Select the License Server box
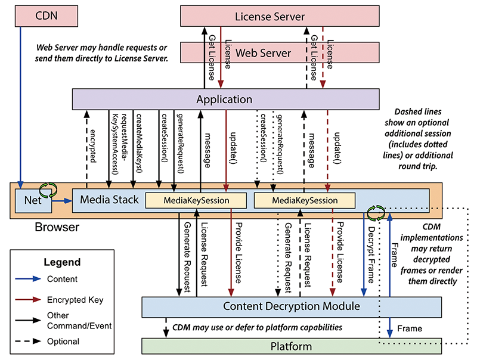[263, 15]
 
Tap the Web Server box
[263, 53]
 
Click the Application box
[225, 99]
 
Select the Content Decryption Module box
[291, 306]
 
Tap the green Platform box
[291, 346]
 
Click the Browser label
[57, 227]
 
